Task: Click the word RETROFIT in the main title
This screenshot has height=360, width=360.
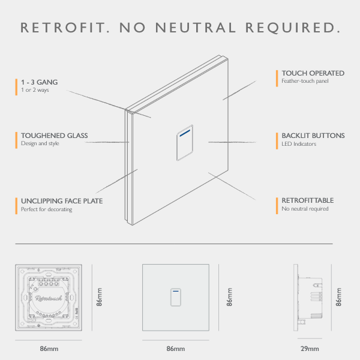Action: pos(64,28)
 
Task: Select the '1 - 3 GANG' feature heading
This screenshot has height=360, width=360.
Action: pos(40,81)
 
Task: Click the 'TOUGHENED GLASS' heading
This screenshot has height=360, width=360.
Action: pos(55,136)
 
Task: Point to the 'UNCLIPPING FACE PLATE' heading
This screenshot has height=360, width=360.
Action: pos(62,201)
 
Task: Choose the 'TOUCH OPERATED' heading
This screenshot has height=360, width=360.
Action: pos(313,73)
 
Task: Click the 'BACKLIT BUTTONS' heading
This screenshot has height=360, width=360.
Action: pos(313,136)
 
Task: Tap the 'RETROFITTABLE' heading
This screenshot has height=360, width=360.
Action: pos(307,200)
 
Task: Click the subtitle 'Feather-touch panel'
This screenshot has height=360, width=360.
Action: pos(305,81)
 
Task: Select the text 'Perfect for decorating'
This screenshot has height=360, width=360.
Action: pos(47,209)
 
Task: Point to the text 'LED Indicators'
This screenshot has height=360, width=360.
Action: pos(299,144)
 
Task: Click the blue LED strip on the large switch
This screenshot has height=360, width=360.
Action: pos(185,129)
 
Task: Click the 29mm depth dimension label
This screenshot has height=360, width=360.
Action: pos(309,349)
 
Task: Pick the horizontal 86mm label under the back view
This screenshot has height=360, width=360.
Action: pos(49,349)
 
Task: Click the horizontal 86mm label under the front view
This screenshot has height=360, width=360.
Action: pos(176,349)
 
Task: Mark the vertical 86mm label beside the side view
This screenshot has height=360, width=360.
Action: pos(339,296)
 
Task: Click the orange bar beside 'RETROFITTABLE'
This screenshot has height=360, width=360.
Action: pos(277,205)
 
